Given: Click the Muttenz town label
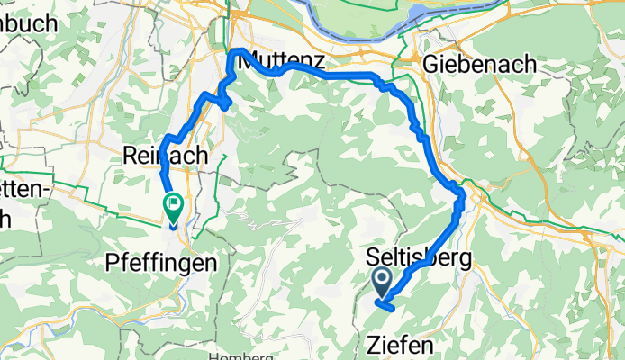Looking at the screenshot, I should [x=278, y=61].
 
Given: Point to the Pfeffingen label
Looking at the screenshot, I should [x=161, y=263].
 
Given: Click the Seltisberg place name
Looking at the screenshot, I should [x=421, y=258].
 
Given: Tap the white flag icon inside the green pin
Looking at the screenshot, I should [x=172, y=204].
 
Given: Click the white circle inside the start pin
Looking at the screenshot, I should [x=382, y=280].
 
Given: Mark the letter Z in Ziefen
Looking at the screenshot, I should [x=375, y=345].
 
